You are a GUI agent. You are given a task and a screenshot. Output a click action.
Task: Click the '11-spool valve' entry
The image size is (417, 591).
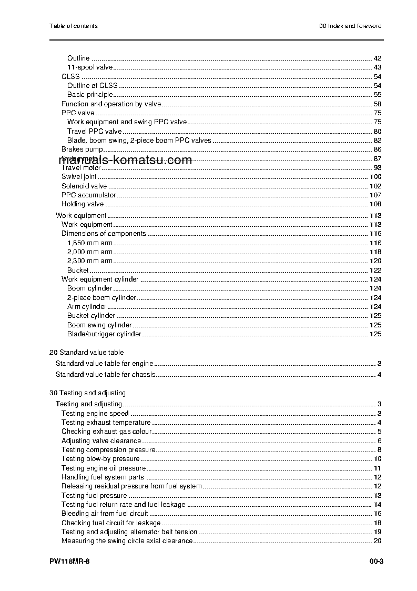click(90, 67)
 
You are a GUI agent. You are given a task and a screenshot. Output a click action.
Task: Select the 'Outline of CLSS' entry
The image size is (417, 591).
click(92, 86)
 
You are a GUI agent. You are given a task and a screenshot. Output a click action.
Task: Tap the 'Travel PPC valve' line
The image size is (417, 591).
click(94, 131)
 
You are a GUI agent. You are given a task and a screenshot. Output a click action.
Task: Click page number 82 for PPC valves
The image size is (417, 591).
click(377, 141)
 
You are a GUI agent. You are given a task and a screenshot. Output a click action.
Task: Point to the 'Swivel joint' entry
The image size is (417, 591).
click(79, 177)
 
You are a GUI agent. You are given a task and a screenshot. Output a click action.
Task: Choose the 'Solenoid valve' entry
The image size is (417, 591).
click(84, 186)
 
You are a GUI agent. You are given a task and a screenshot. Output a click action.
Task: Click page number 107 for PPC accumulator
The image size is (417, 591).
click(375, 195)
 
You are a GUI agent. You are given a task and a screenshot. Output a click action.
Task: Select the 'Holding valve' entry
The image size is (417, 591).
click(83, 204)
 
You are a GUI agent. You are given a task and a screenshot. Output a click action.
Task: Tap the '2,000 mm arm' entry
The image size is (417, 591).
click(89, 252)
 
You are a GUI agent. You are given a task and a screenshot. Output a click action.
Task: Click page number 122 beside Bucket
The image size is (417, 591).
click(375, 271)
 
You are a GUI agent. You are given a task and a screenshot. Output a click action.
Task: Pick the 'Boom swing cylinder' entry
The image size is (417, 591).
click(99, 325)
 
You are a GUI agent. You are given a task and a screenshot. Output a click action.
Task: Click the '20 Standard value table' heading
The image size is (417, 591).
click(86, 352)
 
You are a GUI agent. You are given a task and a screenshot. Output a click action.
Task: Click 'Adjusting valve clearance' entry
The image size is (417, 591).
click(101, 441)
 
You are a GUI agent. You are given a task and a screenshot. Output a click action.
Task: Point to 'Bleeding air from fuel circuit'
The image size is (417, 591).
click(105, 514)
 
